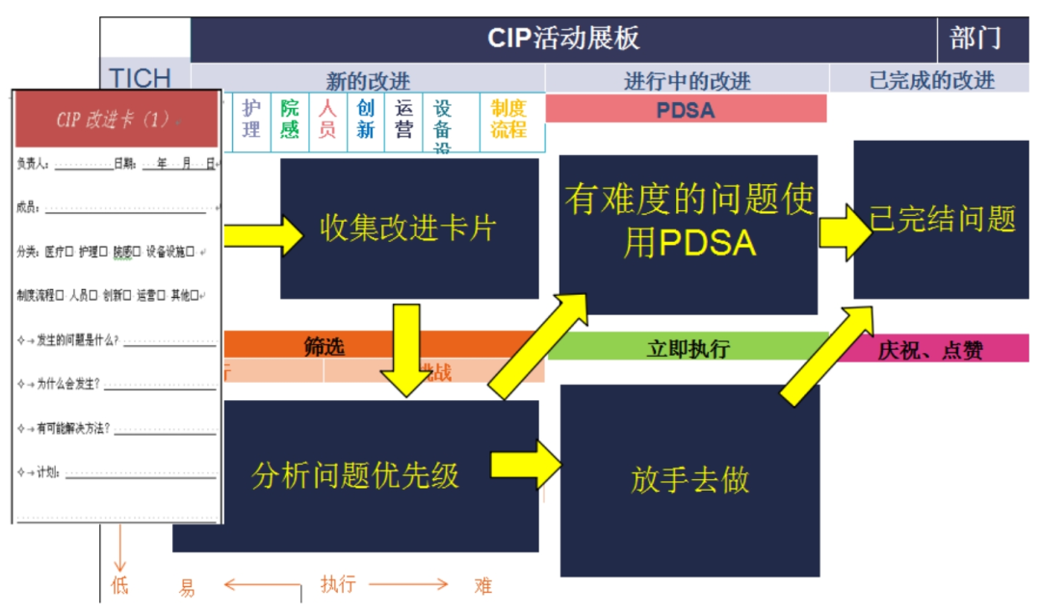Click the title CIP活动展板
tap(563, 39)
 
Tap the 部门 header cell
tap(975, 39)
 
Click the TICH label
tap(141, 77)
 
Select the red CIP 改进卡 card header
tap(117, 119)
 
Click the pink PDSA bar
tap(686, 110)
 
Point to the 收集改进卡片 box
tap(409, 228)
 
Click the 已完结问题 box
tap(942, 219)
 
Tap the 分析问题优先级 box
tap(355, 475)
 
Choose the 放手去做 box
tap(689, 480)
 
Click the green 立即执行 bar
tap(688, 348)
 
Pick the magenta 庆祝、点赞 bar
tap(929, 349)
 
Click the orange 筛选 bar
tap(325, 346)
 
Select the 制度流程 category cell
tap(510, 120)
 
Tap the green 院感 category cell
tap(289, 120)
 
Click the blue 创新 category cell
tap(366, 120)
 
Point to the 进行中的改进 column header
tap(687, 80)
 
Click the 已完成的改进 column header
tap(931, 80)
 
